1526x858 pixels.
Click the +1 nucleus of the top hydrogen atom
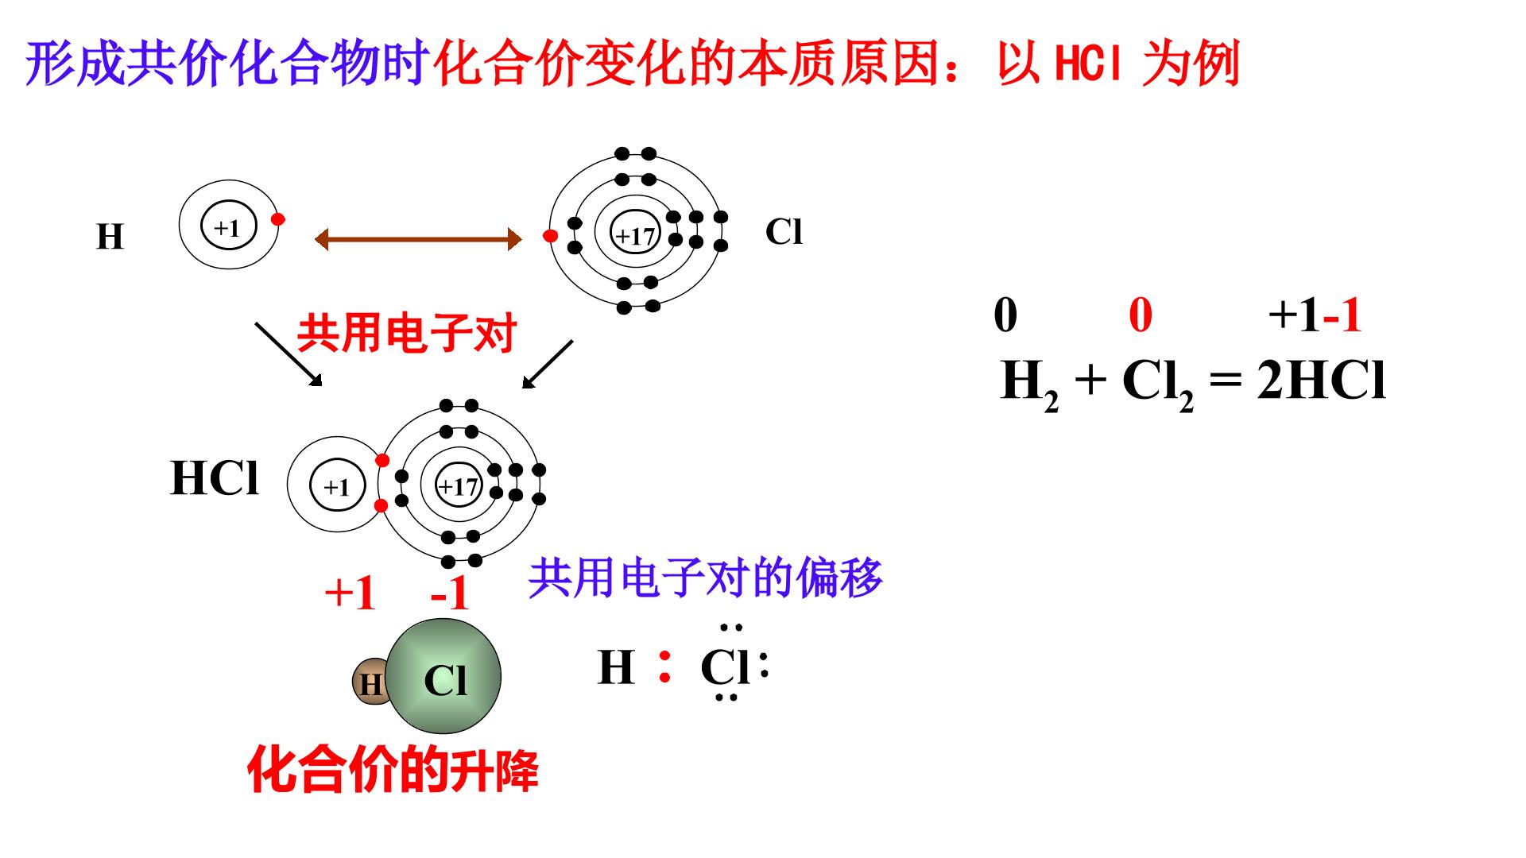click(x=227, y=227)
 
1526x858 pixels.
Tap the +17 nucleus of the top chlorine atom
click(x=635, y=234)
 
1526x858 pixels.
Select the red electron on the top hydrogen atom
click(x=277, y=219)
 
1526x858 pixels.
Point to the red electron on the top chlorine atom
click(x=549, y=235)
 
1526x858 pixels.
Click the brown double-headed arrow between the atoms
click(x=418, y=238)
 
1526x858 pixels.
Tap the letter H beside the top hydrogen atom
click(x=110, y=237)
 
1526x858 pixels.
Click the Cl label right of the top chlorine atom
click(x=784, y=232)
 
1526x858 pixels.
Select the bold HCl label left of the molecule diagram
click(x=215, y=478)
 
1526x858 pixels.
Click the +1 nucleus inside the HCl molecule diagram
click(x=337, y=485)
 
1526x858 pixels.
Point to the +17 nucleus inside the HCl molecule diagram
click(x=459, y=485)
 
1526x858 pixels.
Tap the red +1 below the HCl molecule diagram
click(x=350, y=592)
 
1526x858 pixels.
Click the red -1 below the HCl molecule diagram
click(x=449, y=593)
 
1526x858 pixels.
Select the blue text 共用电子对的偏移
click(x=705, y=578)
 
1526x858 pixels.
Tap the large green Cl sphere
click(x=446, y=676)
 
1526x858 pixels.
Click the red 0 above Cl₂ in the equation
click(x=1141, y=315)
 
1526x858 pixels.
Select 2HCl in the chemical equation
click(x=1322, y=381)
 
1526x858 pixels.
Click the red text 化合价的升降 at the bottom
click(x=393, y=768)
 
